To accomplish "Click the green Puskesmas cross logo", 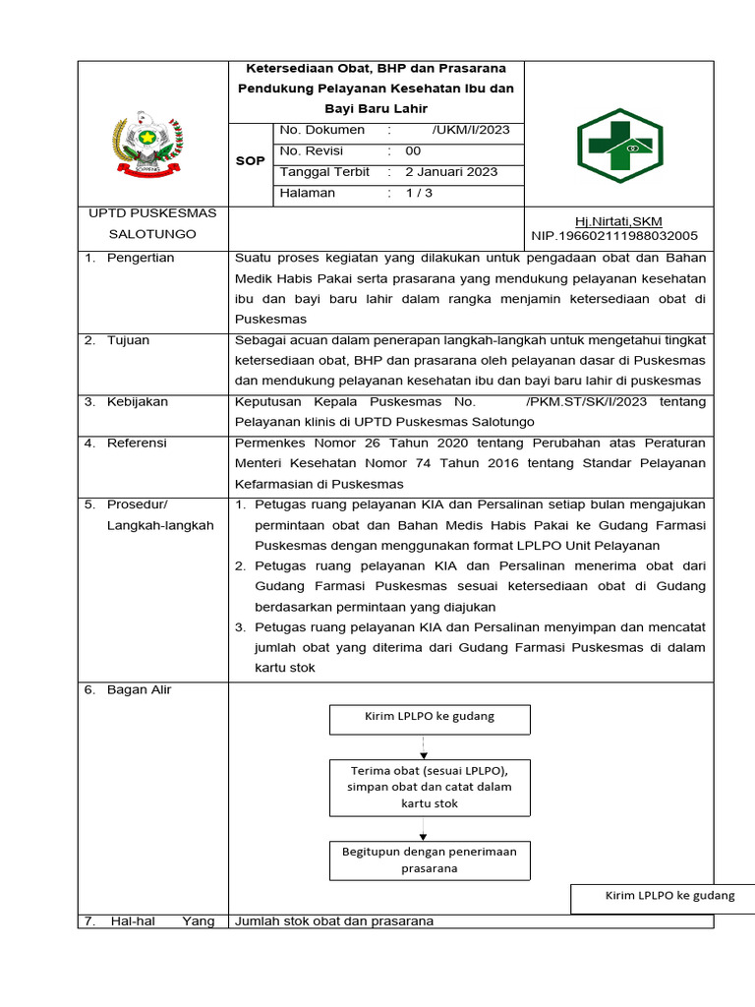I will click(x=618, y=147).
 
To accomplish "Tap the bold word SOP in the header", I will click(x=251, y=161).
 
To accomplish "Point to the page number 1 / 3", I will click(x=419, y=194).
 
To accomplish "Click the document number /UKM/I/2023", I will click(x=470, y=130).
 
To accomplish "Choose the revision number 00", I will click(x=413, y=151).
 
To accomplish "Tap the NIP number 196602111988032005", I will click(x=614, y=236).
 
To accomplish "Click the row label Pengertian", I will click(x=141, y=258).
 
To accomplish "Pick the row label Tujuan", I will click(x=129, y=340).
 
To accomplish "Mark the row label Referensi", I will click(x=137, y=444).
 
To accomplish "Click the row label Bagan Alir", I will click(x=139, y=690).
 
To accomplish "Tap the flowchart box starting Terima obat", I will click(x=429, y=786).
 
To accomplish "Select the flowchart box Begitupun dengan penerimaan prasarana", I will click(x=429, y=859).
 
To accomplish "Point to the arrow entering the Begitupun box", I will click(x=423, y=834).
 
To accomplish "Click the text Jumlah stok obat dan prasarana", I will click(x=334, y=921).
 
